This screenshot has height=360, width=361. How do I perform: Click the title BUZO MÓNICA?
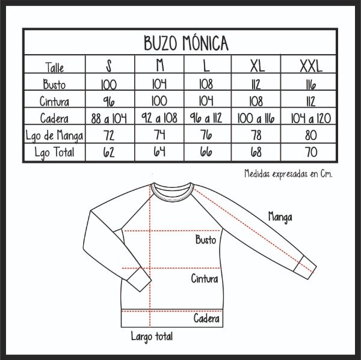(x=186, y=43)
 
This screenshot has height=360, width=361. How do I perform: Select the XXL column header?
(x=311, y=66)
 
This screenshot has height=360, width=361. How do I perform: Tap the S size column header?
(x=109, y=66)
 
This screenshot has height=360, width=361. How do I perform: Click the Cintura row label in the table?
(x=54, y=101)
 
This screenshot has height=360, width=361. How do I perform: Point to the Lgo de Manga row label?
(x=54, y=135)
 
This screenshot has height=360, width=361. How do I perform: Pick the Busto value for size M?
(x=159, y=84)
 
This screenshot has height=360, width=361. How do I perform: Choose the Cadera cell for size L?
(x=206, y=118)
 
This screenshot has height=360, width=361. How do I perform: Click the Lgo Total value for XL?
(x=256, y=152)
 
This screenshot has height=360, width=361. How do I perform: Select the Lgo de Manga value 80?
(x=311, y=135)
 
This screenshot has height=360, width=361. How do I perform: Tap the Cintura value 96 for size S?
(x=109, y=101)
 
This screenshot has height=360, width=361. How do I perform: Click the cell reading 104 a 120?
(x=311, y=118)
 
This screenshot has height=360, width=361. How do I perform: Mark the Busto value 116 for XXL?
(x=311, y=85)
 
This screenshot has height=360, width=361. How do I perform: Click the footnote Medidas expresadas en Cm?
(x=288, y=174)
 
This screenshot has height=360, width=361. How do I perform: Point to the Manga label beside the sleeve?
(x=280, y=218)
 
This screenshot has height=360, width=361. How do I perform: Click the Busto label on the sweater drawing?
(x=206, y=239)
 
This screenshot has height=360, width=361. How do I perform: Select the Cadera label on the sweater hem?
(x=206, y=319)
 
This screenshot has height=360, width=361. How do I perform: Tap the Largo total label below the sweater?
(x=152, y=337)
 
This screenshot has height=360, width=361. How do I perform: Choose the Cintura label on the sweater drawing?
(x=205, y=279)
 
